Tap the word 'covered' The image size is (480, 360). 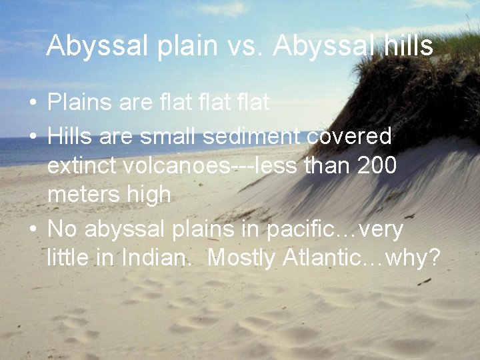pos(349,136)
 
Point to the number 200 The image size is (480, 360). pos(377,165)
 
